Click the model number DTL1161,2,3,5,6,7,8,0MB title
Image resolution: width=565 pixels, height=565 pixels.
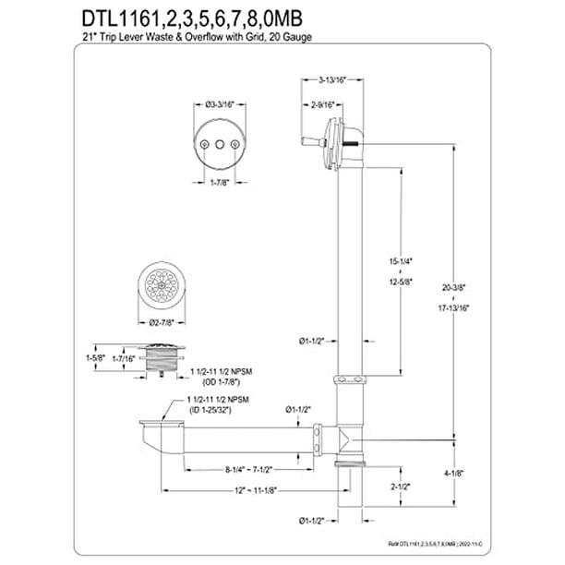(192, 19)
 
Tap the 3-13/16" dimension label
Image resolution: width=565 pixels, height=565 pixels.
(331, 80)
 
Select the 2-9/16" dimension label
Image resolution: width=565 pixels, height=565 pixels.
(322, 105)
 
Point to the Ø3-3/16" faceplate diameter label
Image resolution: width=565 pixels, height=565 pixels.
(220, 105)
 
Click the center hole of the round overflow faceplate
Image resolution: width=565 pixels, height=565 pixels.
(220, 145)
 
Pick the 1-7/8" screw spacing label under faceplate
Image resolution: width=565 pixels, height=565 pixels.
(220, 183)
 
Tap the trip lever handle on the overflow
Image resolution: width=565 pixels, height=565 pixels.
(312, 142)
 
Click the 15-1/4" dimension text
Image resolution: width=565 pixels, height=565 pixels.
(401, 261)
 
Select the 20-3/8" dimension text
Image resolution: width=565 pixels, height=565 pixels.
(453, 287)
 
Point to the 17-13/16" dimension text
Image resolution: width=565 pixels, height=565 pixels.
(453, 308)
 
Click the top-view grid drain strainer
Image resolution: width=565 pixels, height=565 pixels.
(162, 286)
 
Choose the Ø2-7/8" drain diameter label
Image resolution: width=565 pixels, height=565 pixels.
(162, 323)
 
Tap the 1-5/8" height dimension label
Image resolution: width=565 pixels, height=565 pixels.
(95, 358)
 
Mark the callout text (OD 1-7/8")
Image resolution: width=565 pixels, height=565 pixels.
(220, 382)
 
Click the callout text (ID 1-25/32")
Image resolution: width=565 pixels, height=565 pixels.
(210, 410)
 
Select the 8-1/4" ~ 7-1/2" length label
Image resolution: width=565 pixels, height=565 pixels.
(248, 470)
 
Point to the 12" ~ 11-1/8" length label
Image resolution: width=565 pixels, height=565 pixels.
(256, 490)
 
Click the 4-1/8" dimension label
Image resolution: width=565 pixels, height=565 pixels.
(453, 474)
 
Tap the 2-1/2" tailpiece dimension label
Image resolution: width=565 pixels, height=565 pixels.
(401, 487)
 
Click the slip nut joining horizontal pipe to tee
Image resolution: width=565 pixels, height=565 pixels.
(317, 439)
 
